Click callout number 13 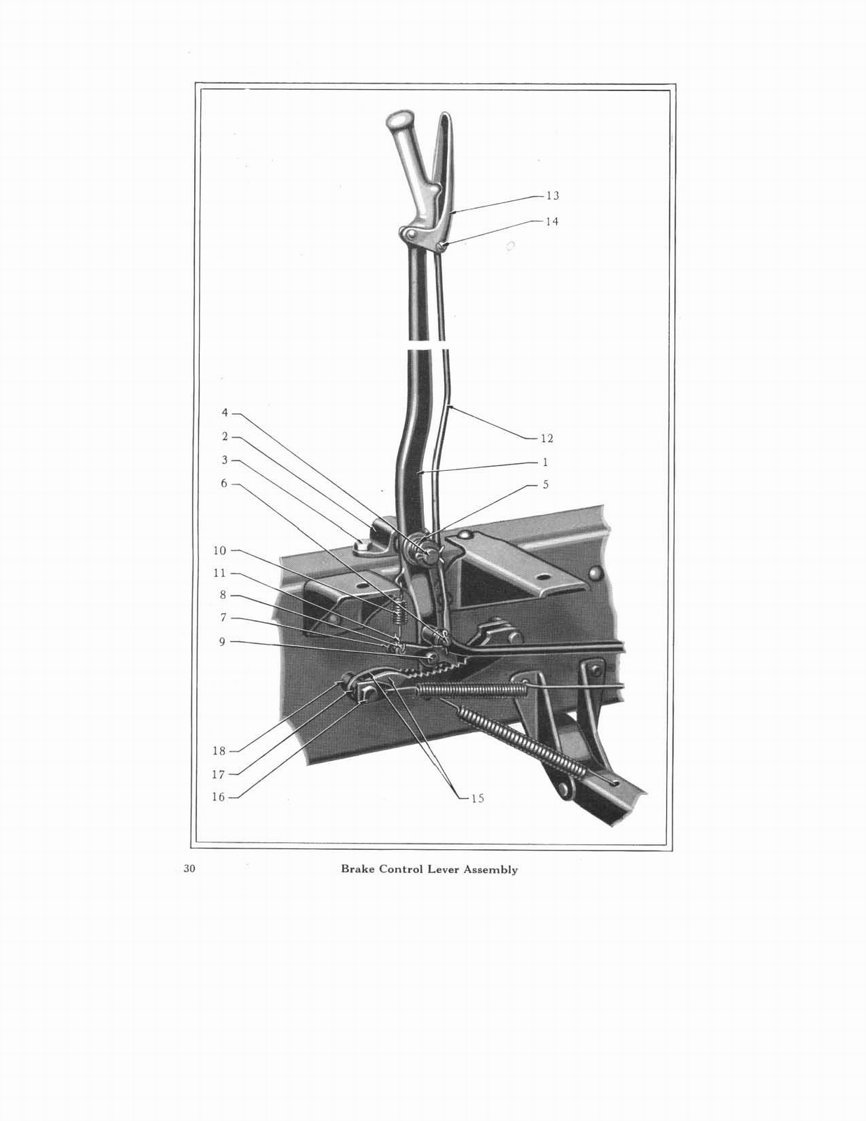[x=552, y=196]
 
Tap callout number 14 [x=552, y=221]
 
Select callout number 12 [x=547, y=439]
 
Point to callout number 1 [x=545, y=462]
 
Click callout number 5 [x=545, y=485]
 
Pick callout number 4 [x=225, y=413]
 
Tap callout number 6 [x=224, y=483]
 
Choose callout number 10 [x=220, y=551]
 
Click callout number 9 [x=223, y=641]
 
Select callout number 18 [x=219, y=751]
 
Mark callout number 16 [x=219, y=797]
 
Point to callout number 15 [x=477, y=798]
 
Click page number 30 [x=189, y=869]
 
